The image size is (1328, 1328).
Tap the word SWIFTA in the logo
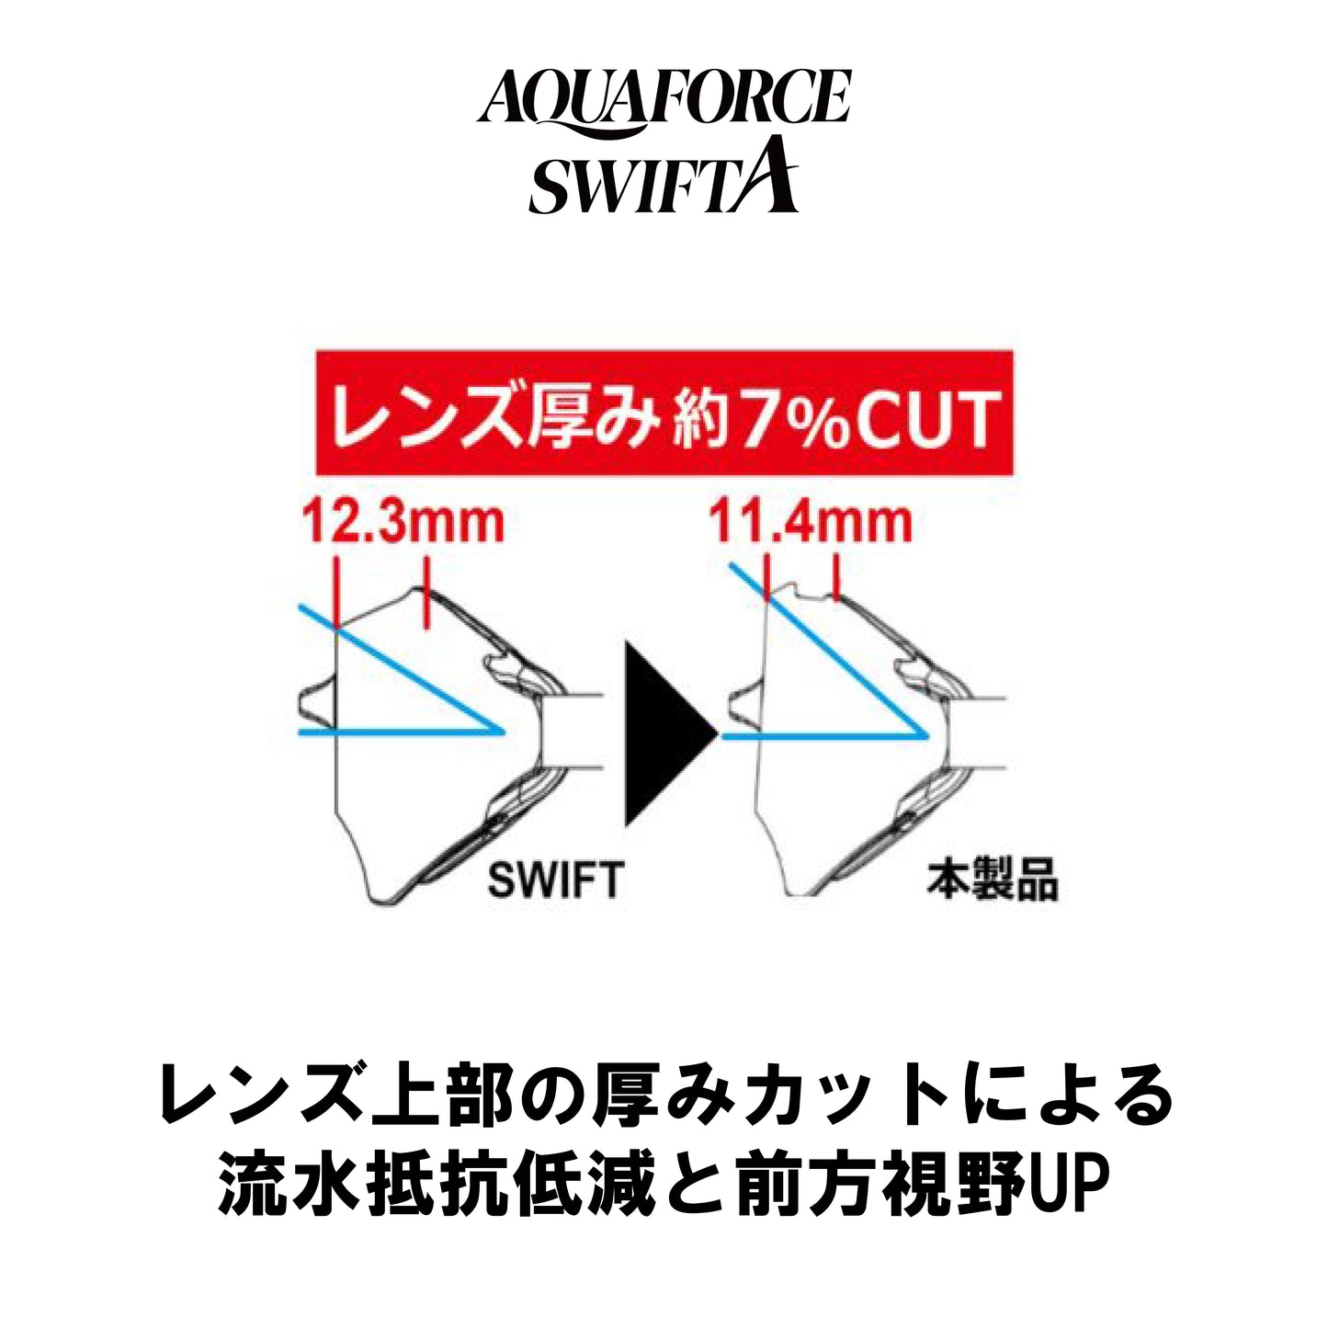tap(664, 177)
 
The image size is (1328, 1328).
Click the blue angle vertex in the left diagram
tap(504, 732)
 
